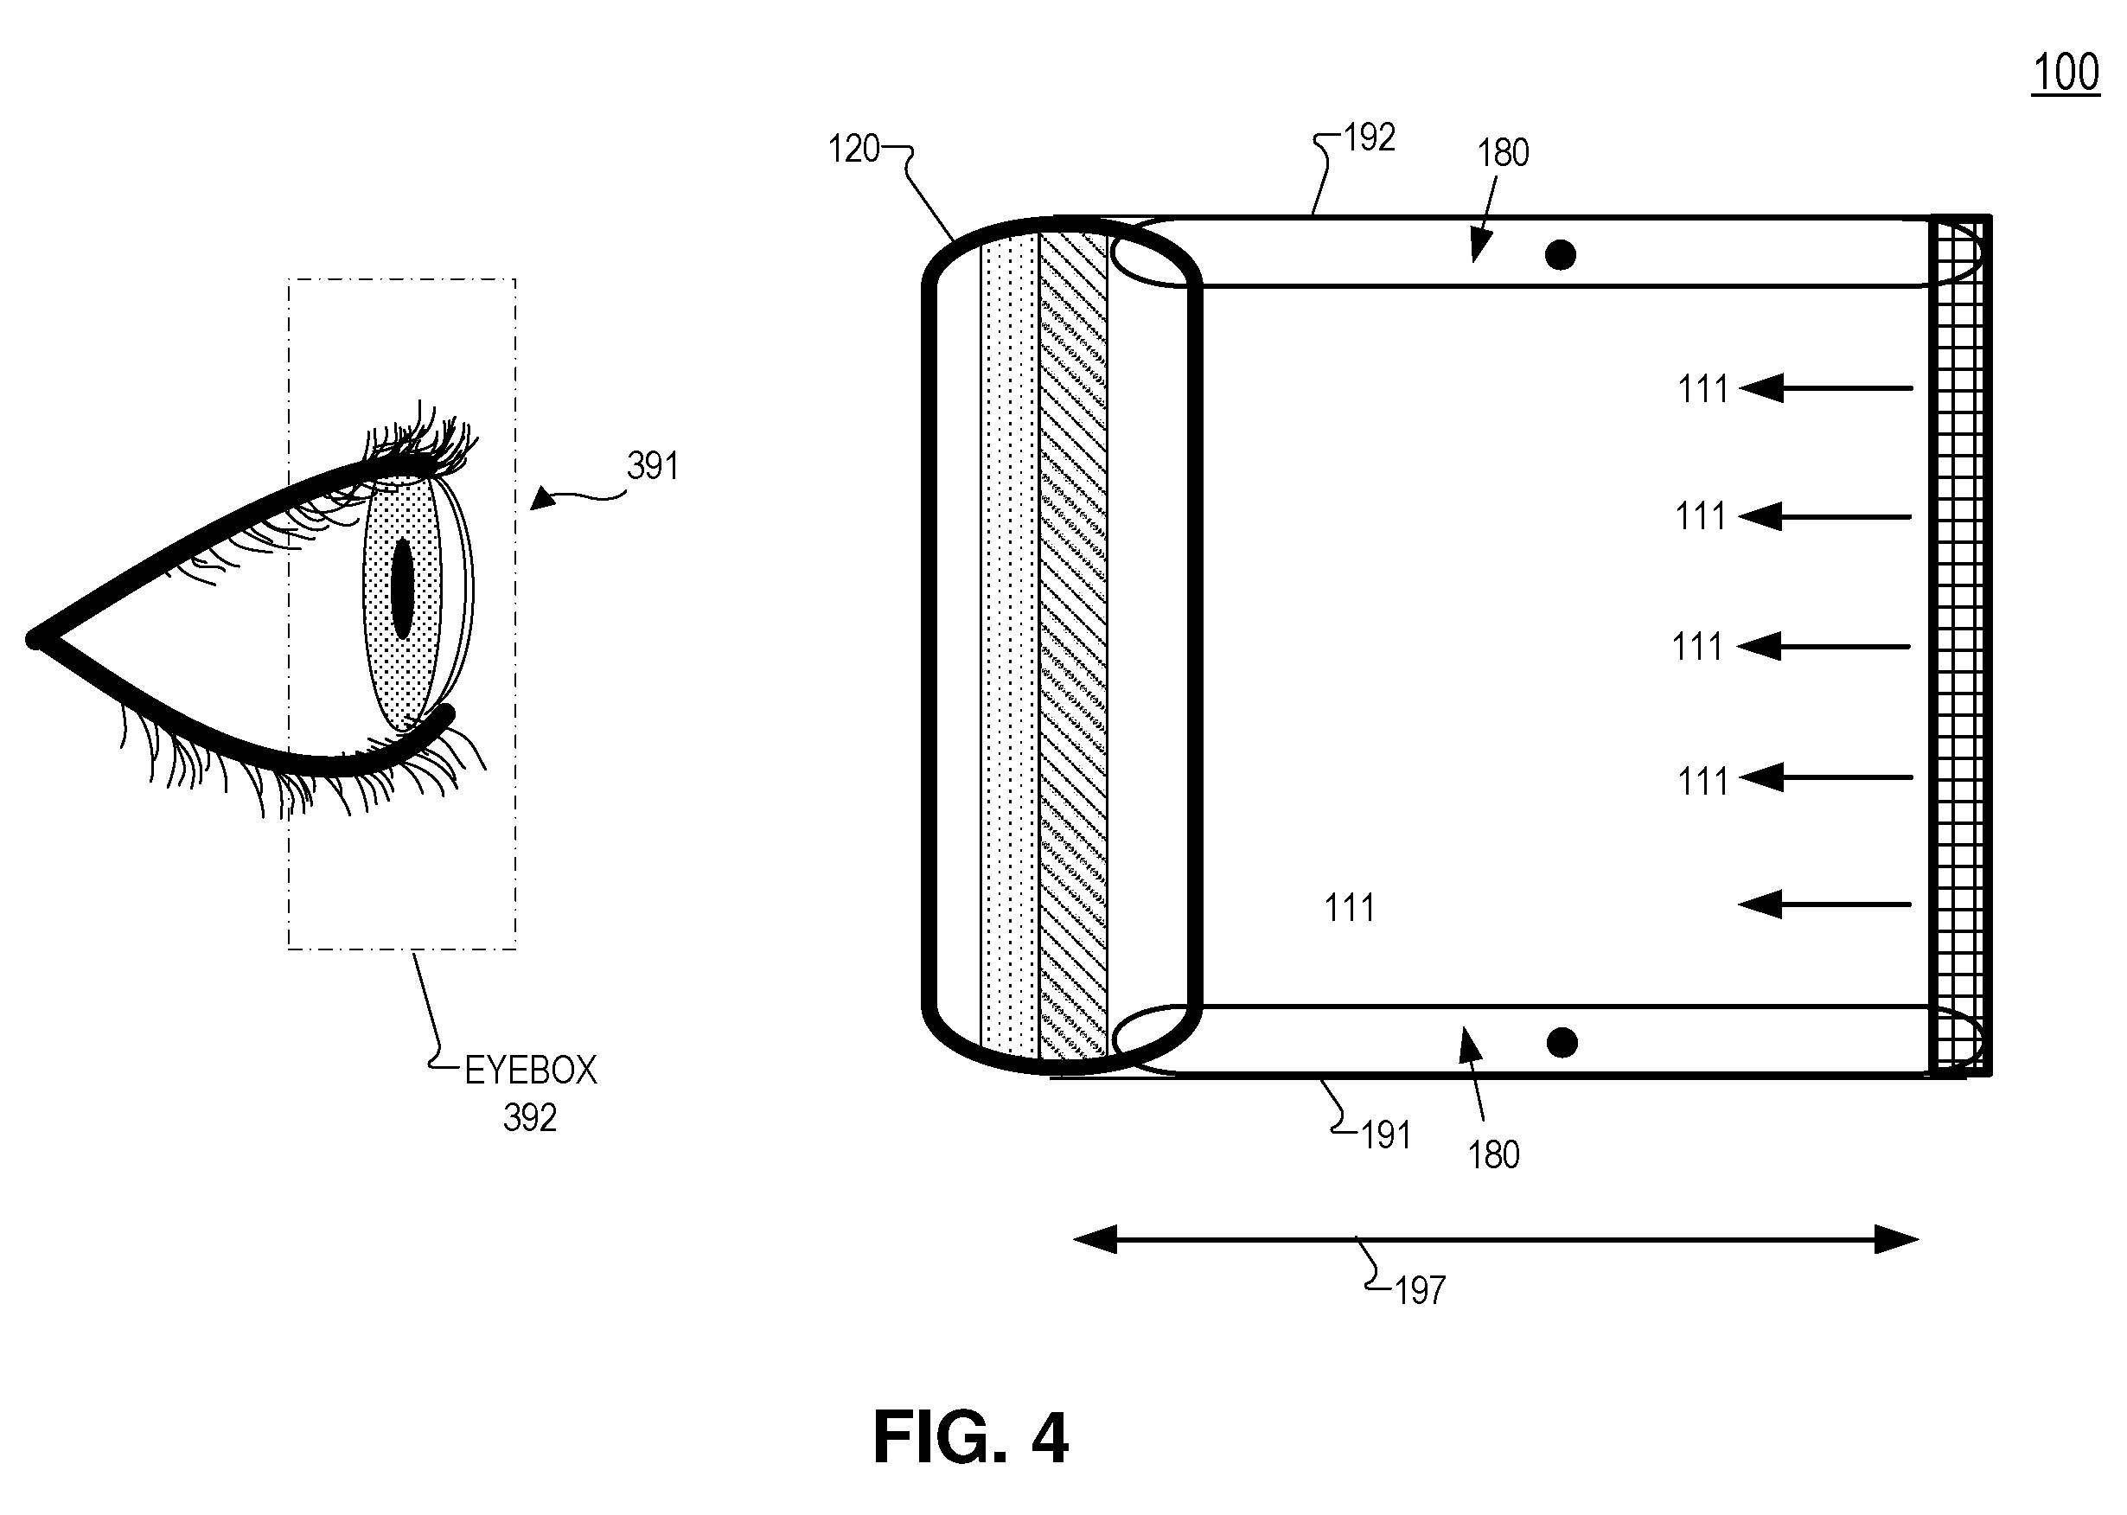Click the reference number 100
2066,72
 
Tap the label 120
853,150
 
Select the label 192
1370,138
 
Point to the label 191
1385,1135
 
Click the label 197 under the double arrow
1420,1291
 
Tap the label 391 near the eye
652,465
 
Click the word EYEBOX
531,1071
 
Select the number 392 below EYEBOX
530,1117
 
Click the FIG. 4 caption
970,1437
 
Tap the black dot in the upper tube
1561,255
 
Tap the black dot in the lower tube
1562,1043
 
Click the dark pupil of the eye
402,589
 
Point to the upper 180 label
1503,153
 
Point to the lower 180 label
1493,1156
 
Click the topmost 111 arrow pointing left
1826,388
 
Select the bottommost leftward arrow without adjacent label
1824,904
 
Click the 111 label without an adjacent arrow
1349,908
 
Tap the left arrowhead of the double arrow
1095,1240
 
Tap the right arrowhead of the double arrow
1898,1240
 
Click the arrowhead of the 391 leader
542,502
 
